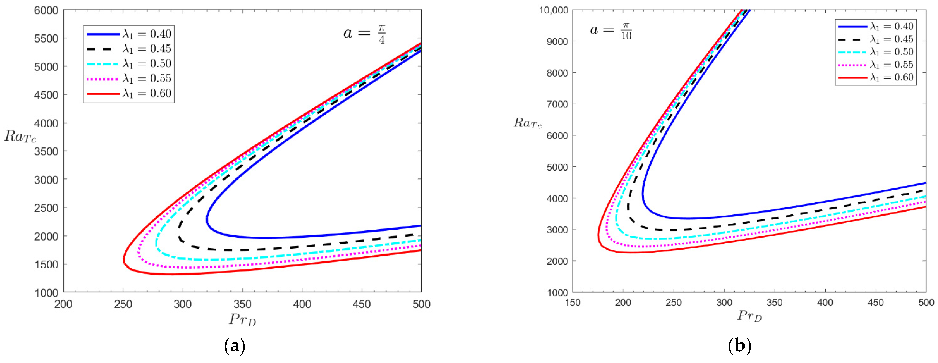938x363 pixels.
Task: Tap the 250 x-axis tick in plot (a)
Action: pos(123,304)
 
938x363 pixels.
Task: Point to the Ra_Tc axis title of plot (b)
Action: pos(528,123)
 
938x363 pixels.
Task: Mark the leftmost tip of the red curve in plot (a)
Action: pos(124,259)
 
